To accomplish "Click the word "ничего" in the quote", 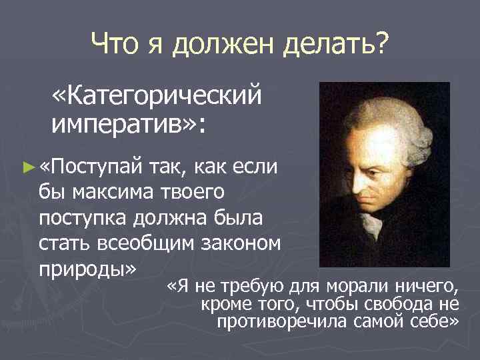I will point(424,287).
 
